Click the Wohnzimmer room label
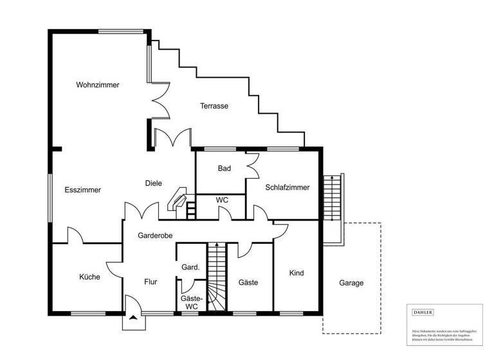tap(97, 85)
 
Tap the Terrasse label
tap(214, 106)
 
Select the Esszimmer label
tap(83, 190)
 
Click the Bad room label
tap(224, 168)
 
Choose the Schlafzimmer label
tap(287, 188)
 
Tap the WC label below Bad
tap(222, 201)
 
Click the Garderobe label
tap(155, 236)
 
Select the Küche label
tap(89, 277)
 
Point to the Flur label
tap(151, 282)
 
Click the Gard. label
tap(190, 267)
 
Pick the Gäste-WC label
tap(192, 303)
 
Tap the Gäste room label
tap(248, 282)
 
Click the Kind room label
tap(297, 273)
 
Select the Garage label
tap(352, 283)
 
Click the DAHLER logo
tap(423, 312)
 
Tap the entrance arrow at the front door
tap(133, 318)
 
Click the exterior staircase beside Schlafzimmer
tap(331, 199)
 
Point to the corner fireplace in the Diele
tap(178, 201)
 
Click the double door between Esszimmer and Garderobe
tap(142, 211)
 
